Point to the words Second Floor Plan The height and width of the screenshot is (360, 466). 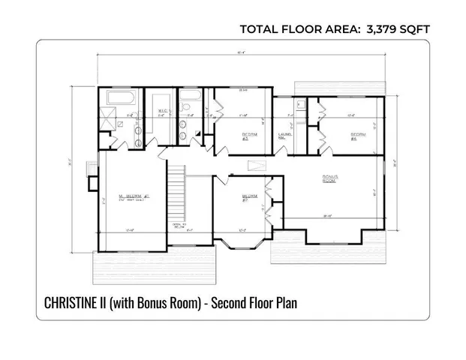(x=256, y=303)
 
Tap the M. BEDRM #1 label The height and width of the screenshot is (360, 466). (x=131, y=197)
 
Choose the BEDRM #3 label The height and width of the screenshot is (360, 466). (x=249, y=136)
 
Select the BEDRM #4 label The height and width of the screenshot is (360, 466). (x=357, y=136)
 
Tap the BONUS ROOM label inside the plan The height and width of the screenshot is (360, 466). (x=329, y=179)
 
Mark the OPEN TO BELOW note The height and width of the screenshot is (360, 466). (x=178, y=226)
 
